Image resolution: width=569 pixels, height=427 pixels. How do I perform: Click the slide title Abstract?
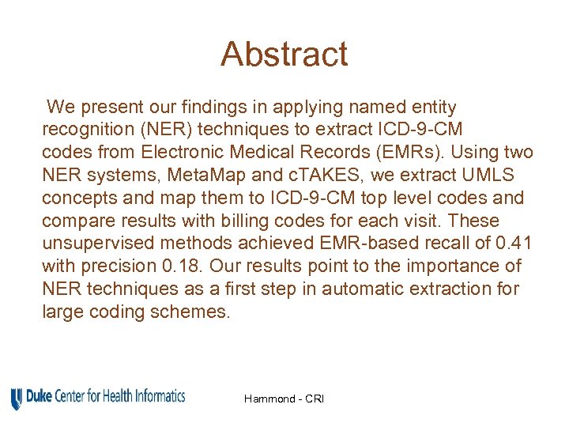(x=284, y=55)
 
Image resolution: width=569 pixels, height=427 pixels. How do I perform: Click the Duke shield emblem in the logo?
(x=17, y=399)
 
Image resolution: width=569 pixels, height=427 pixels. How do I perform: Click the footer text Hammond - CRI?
(x=284, y=399)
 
